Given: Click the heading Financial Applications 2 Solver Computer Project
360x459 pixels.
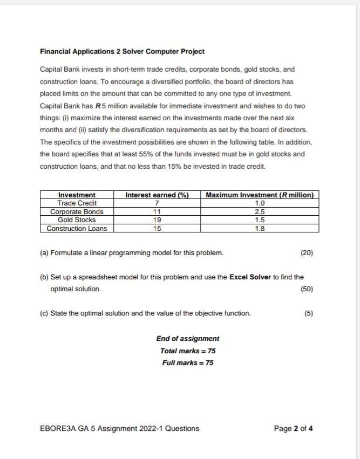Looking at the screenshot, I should coord(122,52).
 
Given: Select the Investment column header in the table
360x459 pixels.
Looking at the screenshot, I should coord(77,195).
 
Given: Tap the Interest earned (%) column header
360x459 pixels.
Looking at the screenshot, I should coord(157,195).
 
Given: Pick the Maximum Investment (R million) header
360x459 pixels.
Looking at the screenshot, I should coord(260,195).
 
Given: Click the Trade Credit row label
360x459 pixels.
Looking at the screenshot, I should coord(77,203).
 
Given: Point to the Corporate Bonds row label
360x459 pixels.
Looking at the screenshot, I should coord(77,212).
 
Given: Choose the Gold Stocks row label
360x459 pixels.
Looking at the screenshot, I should coord(77,220).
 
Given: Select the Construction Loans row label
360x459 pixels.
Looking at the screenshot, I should coord(77,229).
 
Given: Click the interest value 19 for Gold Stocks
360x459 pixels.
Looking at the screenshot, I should coord(157,220).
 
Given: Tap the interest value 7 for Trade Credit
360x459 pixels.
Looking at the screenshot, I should coord(157,203).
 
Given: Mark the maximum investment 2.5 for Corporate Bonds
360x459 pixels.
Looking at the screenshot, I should coord(260,212).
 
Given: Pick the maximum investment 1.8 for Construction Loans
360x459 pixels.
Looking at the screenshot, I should coord(260,229).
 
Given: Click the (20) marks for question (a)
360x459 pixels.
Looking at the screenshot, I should coord(307,253).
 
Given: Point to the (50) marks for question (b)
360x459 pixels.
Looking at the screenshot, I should coord(307,289).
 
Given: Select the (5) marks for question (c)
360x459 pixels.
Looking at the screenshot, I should coord(309,313).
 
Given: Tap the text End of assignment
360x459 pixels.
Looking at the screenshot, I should coord(188,339).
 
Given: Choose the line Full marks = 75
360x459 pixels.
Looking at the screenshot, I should coord(188,362).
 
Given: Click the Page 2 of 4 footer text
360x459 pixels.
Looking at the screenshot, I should coord(293,429).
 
